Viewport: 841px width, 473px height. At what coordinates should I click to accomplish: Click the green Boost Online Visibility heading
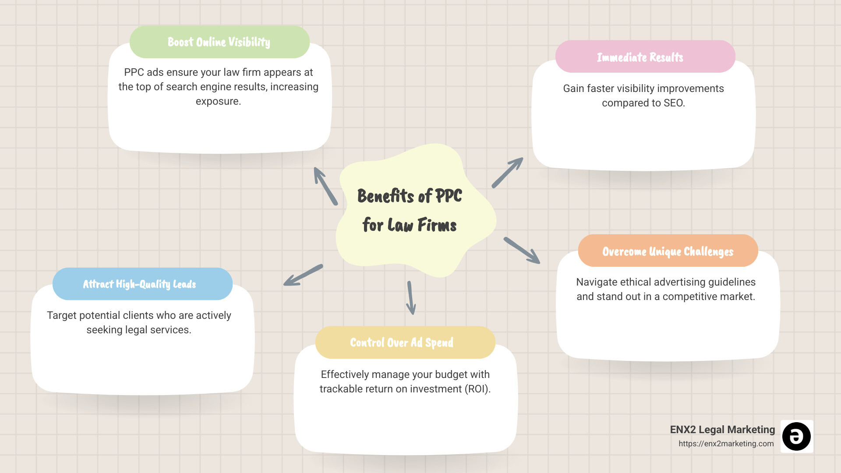tap(219, 42)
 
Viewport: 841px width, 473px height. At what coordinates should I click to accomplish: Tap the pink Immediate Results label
tap(640, 57)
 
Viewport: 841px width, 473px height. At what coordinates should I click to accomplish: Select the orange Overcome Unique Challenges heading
tap(668, 251)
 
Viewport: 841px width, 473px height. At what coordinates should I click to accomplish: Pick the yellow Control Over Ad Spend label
tap(401, 342)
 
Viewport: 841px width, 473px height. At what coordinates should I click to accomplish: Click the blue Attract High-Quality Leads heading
tap(139, 284)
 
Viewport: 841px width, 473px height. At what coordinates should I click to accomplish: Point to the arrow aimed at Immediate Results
tap(507, 173)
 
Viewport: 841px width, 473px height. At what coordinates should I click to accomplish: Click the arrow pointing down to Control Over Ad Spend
tap(411, 298)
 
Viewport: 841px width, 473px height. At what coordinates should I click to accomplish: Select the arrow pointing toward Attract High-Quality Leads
tap(303, 275)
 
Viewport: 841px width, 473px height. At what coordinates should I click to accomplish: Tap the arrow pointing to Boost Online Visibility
tap(325, 186)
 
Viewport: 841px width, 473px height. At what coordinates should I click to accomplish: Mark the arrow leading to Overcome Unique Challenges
tap(522, 251)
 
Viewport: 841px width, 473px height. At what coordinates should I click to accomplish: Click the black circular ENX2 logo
tap(796, 436)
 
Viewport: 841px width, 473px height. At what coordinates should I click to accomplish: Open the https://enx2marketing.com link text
tap(726, 444)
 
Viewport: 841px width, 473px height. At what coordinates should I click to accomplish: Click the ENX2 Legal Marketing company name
tap(722, 430)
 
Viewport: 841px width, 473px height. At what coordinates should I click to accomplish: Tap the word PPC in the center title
tap(449, 196)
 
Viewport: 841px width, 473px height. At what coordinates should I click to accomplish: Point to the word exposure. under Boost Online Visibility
tap(218, 101)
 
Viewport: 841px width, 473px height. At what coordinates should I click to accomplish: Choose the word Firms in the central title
tap(437, 225)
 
